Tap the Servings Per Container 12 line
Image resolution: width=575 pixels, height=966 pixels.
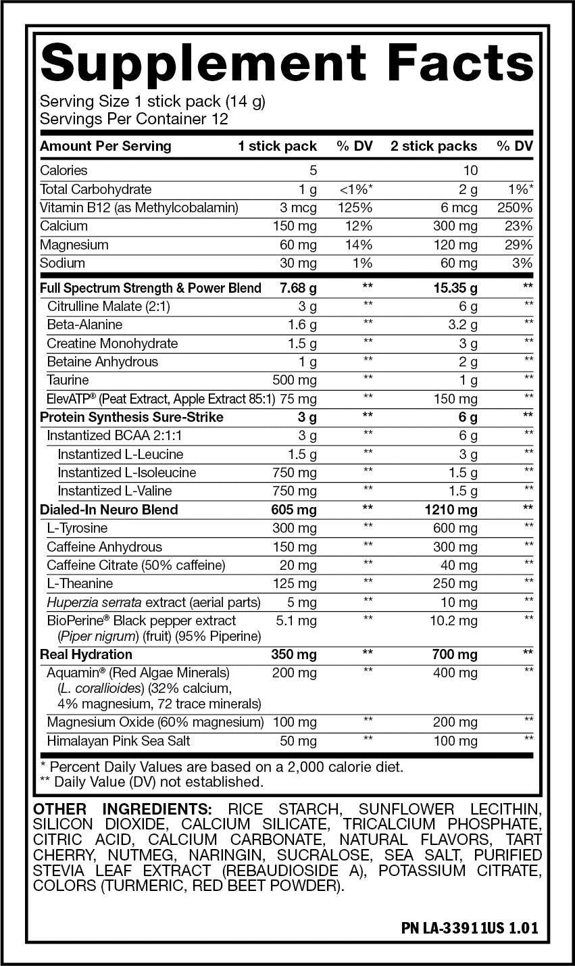point(134,119)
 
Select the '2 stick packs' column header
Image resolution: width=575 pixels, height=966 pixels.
point(433,146)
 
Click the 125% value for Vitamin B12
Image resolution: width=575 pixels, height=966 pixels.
point(355,208)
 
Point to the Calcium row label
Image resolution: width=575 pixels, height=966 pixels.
point(64,226)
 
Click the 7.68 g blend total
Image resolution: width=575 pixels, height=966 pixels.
point(298,288)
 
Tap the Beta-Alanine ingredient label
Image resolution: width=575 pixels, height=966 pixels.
point(84,324)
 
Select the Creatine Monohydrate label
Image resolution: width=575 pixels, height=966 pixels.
point(112,343)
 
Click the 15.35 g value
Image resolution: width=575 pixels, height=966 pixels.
point(455,288)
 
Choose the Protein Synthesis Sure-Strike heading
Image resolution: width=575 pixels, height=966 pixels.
point(132,417)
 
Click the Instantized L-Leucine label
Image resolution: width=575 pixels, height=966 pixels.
point(120,454)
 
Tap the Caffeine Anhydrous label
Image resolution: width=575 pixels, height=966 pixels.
point(104,547)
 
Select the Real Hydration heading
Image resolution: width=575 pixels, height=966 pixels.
point(86,654)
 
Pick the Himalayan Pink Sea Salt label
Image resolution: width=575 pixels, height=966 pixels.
point(118,741)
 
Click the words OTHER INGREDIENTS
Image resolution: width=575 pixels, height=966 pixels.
point(122,808)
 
